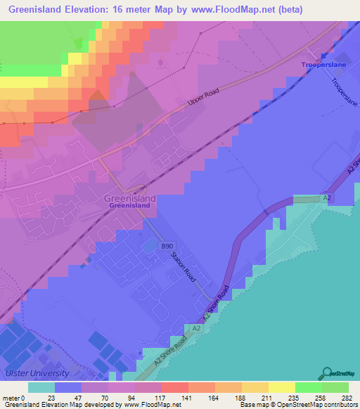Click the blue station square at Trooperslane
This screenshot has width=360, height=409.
(x=324, y=56)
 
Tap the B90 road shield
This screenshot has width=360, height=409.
(x=167, y=246)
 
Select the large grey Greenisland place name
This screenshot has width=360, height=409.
(x=129, y=199)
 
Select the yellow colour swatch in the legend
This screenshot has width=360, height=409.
(x=281, y=387)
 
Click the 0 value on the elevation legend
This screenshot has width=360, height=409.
(x=30, y=398)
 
